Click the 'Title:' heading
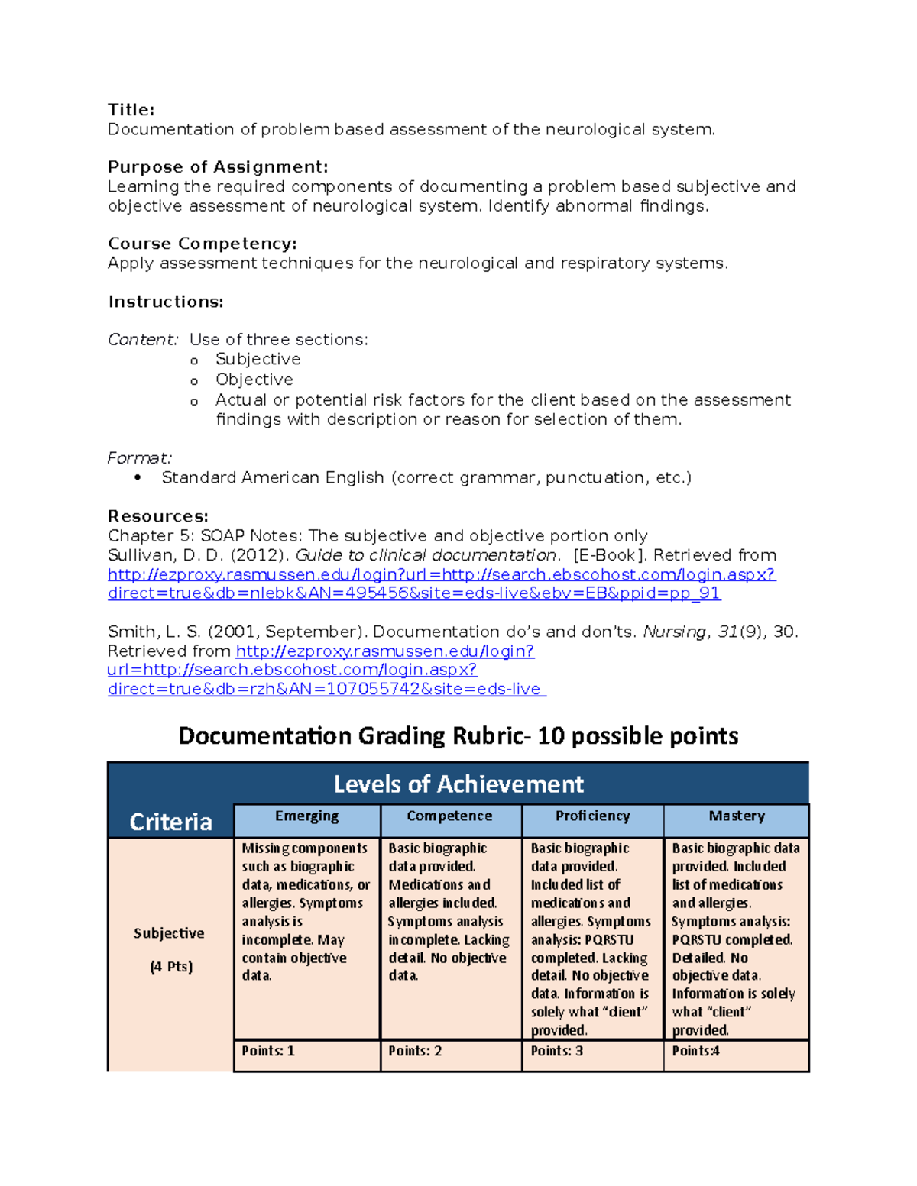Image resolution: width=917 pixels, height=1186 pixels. [131, 110]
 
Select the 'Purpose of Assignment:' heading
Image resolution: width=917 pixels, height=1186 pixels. [218, 167]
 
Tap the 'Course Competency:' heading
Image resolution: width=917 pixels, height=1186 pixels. [202, 244]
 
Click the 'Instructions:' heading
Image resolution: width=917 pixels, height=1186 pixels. [165, 302]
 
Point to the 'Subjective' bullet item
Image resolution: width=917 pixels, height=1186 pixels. [258, 359]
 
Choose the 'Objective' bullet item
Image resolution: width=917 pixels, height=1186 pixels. [254, 380]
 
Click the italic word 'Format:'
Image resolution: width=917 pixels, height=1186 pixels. [139, 458]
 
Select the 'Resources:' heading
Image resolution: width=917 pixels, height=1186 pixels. [157, 516]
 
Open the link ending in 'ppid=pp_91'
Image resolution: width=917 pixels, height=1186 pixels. [413, 593]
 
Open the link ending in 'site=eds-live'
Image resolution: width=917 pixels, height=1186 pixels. [326, 689]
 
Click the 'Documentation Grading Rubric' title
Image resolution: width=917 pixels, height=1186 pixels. [458, 735]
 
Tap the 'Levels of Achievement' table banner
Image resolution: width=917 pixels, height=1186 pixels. [458, 784]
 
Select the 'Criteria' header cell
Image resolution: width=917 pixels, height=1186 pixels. [170, 822]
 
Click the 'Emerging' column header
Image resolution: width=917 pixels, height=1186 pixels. [306, 816]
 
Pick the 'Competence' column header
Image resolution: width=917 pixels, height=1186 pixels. [449, 816]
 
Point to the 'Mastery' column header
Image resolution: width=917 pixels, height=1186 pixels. [736, 816]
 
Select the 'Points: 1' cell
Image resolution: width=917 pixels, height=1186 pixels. [268, 1051]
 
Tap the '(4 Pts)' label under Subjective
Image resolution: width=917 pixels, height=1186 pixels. [171, 967]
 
